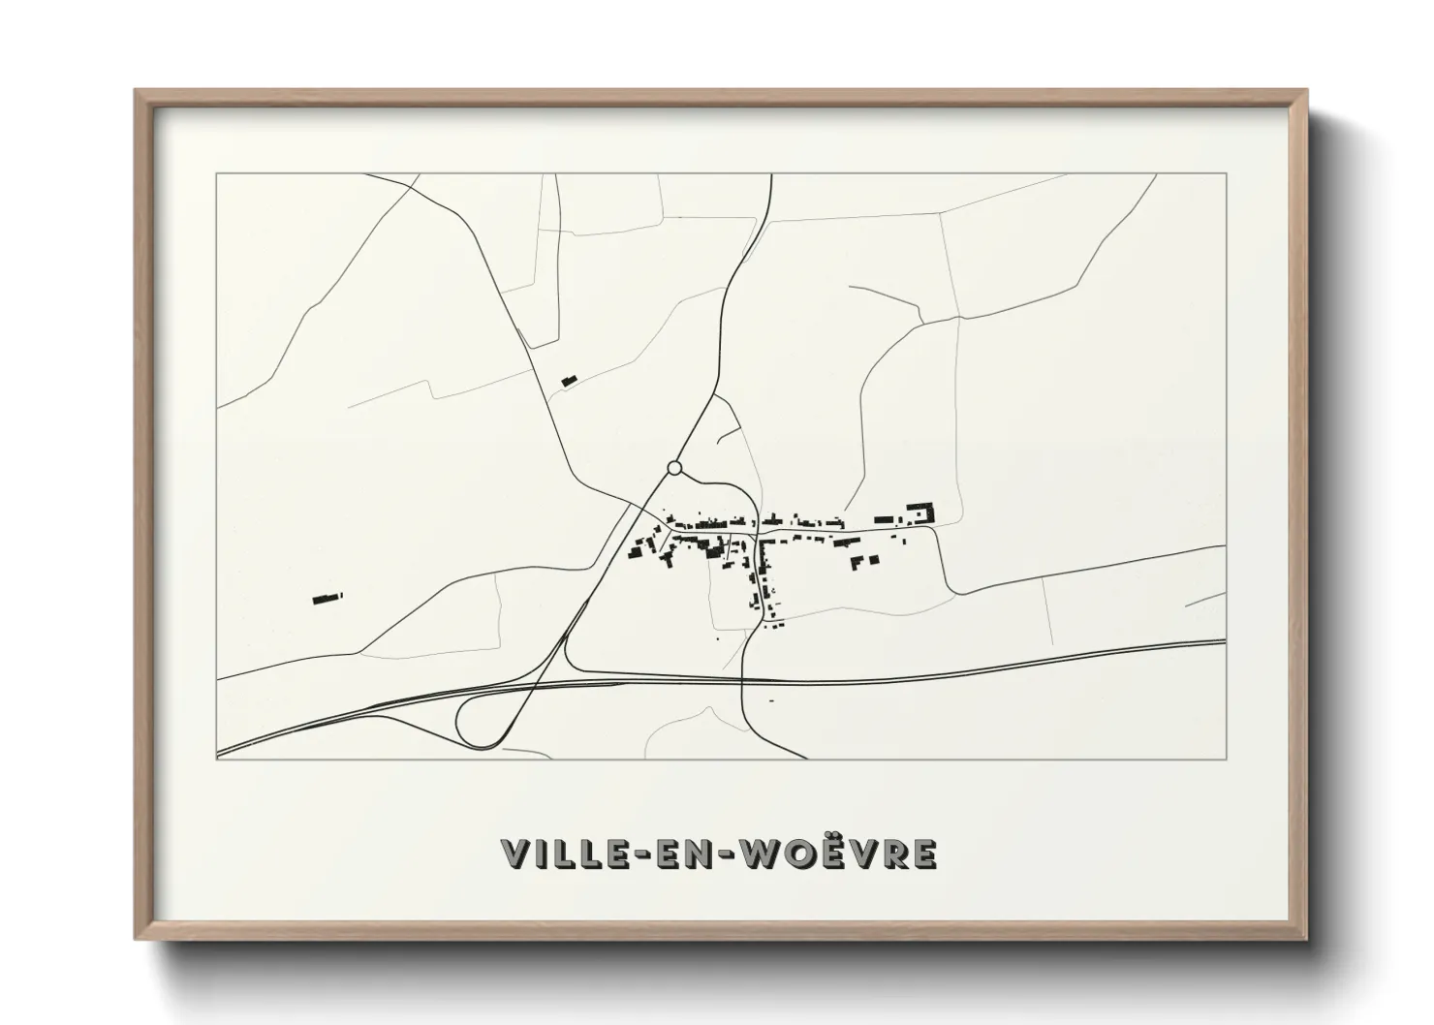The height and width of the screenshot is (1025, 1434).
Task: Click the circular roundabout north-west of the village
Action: point(674,469)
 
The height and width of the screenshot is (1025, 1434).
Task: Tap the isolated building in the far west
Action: point(327,598)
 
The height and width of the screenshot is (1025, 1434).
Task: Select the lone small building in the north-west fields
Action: point(569,381)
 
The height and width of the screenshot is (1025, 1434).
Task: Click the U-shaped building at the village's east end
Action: point(919,512)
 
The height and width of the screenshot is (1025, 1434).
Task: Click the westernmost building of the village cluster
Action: point(637,551)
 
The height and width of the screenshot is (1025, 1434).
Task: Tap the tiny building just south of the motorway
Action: point(771,700)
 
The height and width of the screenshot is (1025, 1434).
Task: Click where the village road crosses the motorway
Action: point(742,681)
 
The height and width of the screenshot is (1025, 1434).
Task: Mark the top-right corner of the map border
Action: point(1226,174)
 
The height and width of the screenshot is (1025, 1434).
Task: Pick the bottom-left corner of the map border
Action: point(217,759)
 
